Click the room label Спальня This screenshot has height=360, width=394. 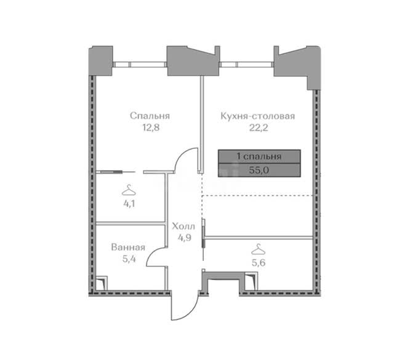pos(150,116)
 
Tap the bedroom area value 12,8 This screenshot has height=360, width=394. pos(151,127)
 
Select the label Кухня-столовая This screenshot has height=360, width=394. pos(257,116)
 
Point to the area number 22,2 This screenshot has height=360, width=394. pos(259,128)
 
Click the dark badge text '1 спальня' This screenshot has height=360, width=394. pos(259,156)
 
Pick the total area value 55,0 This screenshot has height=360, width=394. pos(259,170)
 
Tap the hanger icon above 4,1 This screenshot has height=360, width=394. pos(129,190)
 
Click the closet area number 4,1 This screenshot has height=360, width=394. pos(129,204)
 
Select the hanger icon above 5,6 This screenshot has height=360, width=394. pos(259,249)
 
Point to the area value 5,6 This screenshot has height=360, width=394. pos(259,263)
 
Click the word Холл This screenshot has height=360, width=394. pos(183,226)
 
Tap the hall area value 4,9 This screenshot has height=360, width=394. pos(185,238)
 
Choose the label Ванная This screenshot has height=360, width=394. pos(128,247)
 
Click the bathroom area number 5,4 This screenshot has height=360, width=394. pos(129,258)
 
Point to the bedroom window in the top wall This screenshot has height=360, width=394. pos(140,65)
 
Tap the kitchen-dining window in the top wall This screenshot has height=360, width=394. pos(246,65)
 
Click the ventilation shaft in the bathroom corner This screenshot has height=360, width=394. pos(102,283)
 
